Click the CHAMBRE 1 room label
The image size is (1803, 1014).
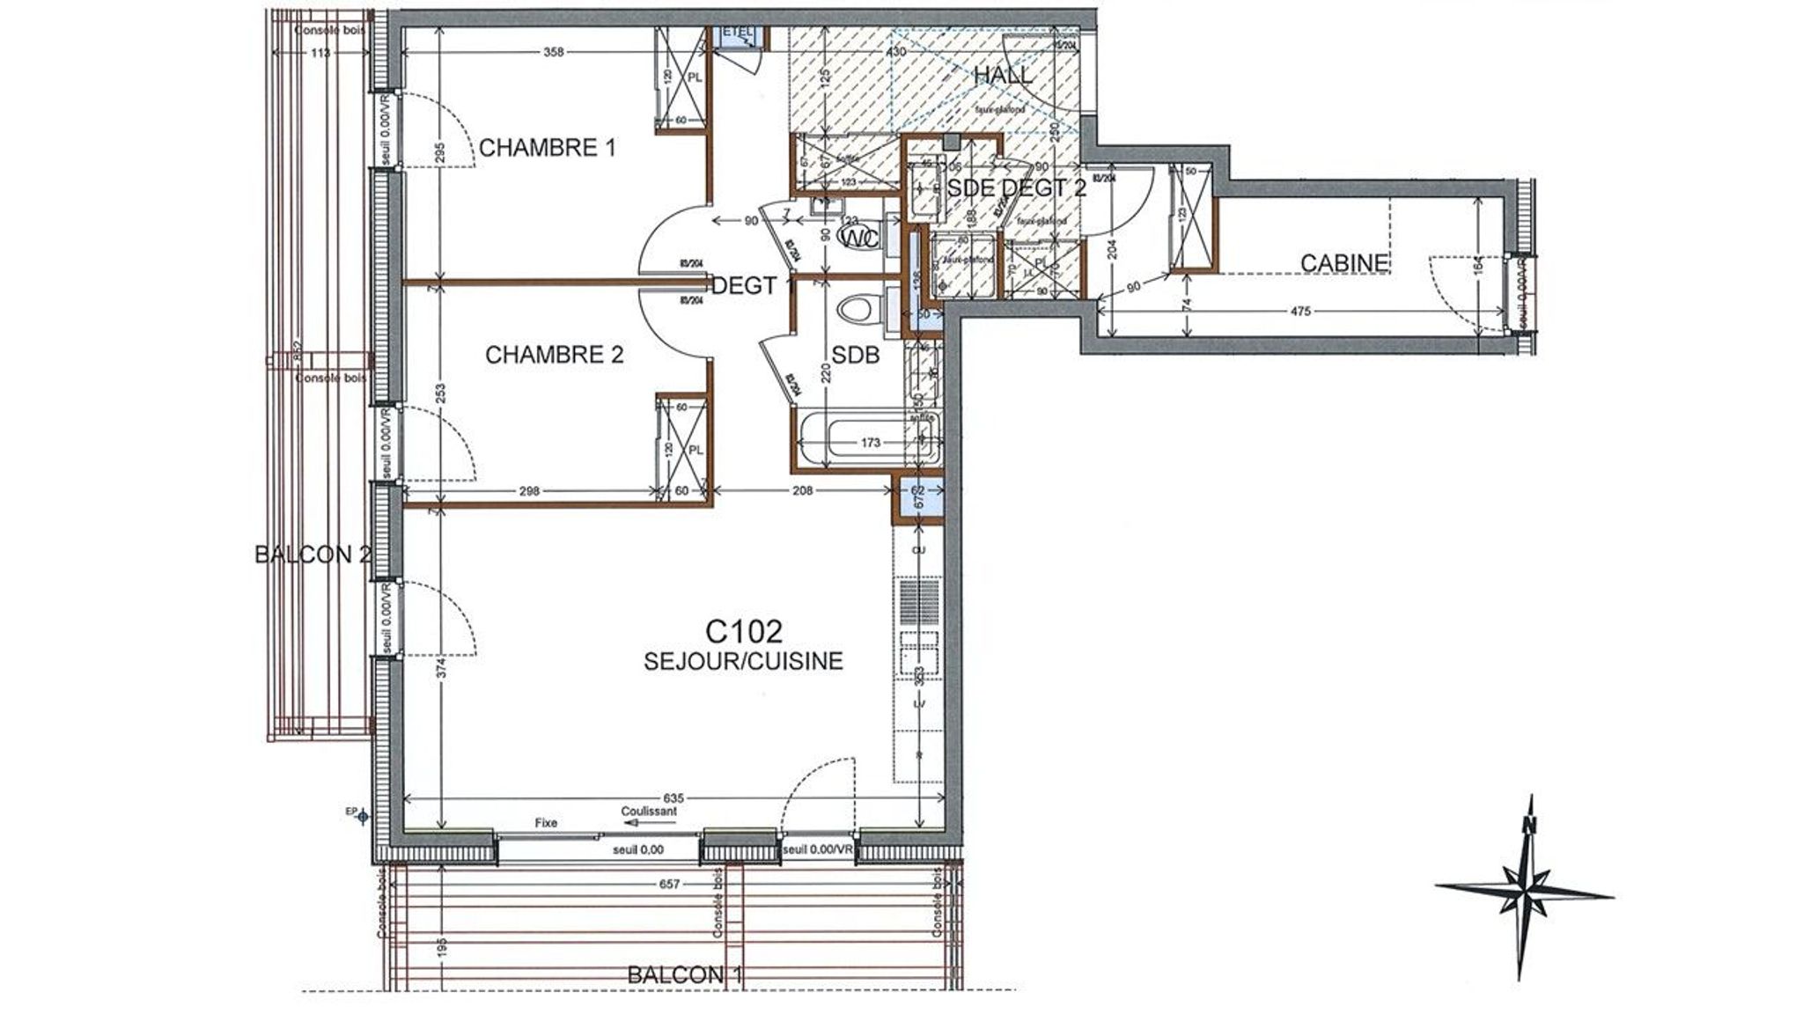pyautogui.click(x=547, y=147)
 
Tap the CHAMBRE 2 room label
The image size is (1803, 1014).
pyautogui.click(x=554, y=355)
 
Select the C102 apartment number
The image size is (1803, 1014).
pyautogui.click(x=744, y=631)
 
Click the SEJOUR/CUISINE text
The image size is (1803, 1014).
pyautogui.click(x=744, y=661)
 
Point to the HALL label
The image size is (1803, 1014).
pyautogui.click(x=1003, y=76)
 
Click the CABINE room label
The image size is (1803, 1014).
pyautogui.click(x=1344, y=262)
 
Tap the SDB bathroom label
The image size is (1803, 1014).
pyautogui.click(x=856, y=355)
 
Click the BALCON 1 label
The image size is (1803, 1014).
pyautogui.click(x=686, y=975)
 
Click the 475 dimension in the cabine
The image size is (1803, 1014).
pyautogui.click(x=1300, y=311)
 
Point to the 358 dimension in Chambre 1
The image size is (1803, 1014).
pyautogui.click(x=553, y=53)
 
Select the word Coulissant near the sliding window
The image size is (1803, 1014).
pyautogui.click(x=649, y=812)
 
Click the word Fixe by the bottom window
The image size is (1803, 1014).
pyautogui.click(x=546, y=823)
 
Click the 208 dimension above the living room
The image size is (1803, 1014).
pyautogui.click(x=802, y=491)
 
